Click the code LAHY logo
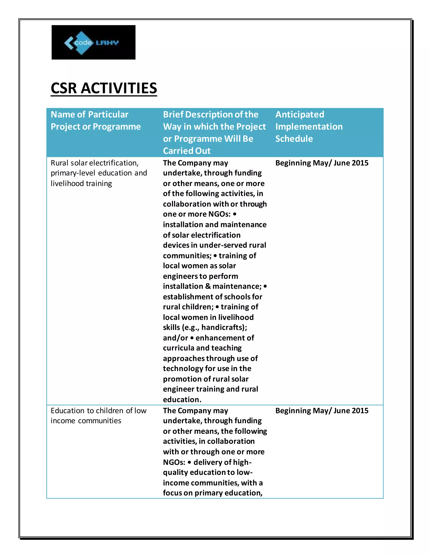click(x=93, y=42)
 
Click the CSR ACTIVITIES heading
click(x=104, y=88)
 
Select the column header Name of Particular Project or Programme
click(x=96, y=120)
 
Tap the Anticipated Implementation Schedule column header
click(x=309, y=127)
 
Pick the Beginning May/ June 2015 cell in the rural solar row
click(x=322, y=163)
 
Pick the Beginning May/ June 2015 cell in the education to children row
click(x=322, y=411)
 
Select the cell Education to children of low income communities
click(x=98, y=415)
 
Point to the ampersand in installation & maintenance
click(x=208, y=286)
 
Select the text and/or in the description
click(x=175, y=338)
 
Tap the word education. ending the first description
click(x=182, y=400)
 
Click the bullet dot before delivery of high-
click(x=189, y=462)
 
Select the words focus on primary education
click(x=212, y=493)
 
